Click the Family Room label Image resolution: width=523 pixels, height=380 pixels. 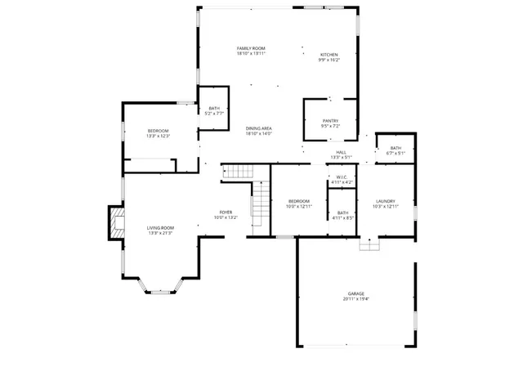251,49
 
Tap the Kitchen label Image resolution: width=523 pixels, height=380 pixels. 329,55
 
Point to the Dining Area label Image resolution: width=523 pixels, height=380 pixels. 258,128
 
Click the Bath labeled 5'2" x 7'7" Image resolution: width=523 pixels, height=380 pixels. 214,109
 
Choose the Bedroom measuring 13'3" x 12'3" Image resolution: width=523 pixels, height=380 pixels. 158,131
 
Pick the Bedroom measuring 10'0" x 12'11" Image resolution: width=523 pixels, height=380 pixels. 299,201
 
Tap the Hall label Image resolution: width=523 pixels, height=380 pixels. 339,152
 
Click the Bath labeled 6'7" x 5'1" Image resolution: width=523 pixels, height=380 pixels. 396,148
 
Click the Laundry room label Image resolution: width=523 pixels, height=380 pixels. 386,201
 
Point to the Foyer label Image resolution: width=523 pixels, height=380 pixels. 225,212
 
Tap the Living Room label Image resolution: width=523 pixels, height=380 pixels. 160,228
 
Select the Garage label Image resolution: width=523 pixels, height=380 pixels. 356,293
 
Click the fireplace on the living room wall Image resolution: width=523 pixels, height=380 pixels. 114,223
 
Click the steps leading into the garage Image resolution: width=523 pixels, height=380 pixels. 370,244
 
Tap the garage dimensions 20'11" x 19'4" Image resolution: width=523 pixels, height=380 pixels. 356,298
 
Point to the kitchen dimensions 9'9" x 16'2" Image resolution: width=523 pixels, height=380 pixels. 329,60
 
